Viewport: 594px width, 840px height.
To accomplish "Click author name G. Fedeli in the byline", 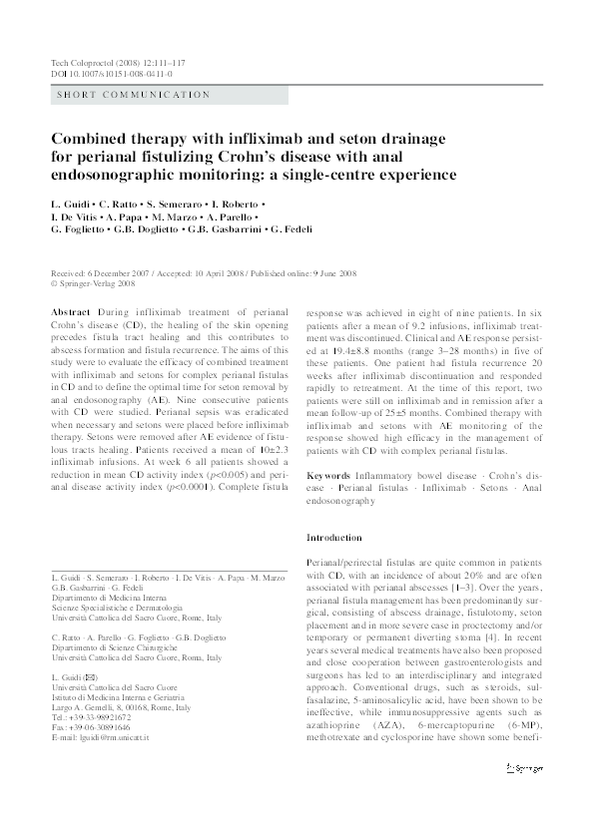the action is click(x=289, y=229).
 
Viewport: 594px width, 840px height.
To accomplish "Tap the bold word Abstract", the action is click(x=69, y=312).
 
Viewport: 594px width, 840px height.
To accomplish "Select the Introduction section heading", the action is click(x=333, y=538).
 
